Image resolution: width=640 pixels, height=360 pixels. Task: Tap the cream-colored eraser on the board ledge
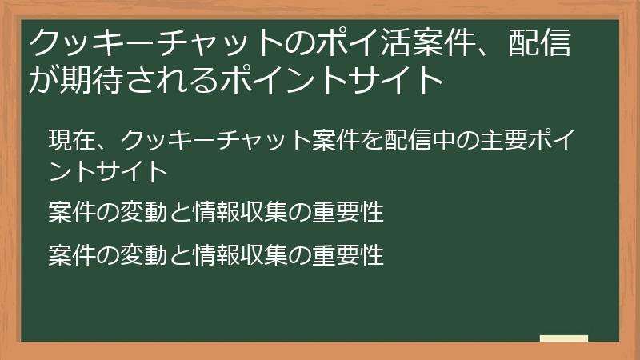click(564, 338)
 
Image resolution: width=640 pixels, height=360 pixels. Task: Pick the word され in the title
click(186, 78)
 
